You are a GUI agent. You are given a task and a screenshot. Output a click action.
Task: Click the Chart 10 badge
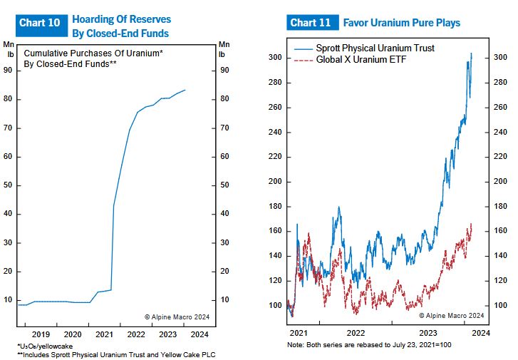40,23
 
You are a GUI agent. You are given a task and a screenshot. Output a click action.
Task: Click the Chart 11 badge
311,23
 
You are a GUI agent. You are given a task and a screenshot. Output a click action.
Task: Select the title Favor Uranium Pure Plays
402,23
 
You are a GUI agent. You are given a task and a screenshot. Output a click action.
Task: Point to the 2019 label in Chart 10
41,334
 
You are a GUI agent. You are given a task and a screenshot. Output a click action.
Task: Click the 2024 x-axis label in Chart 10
200,334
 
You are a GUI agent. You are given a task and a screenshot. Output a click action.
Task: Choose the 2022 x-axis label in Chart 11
356,332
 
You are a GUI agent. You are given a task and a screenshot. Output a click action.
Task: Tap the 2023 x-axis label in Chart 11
428,332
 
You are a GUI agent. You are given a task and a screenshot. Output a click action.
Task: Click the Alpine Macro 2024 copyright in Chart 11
451,315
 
